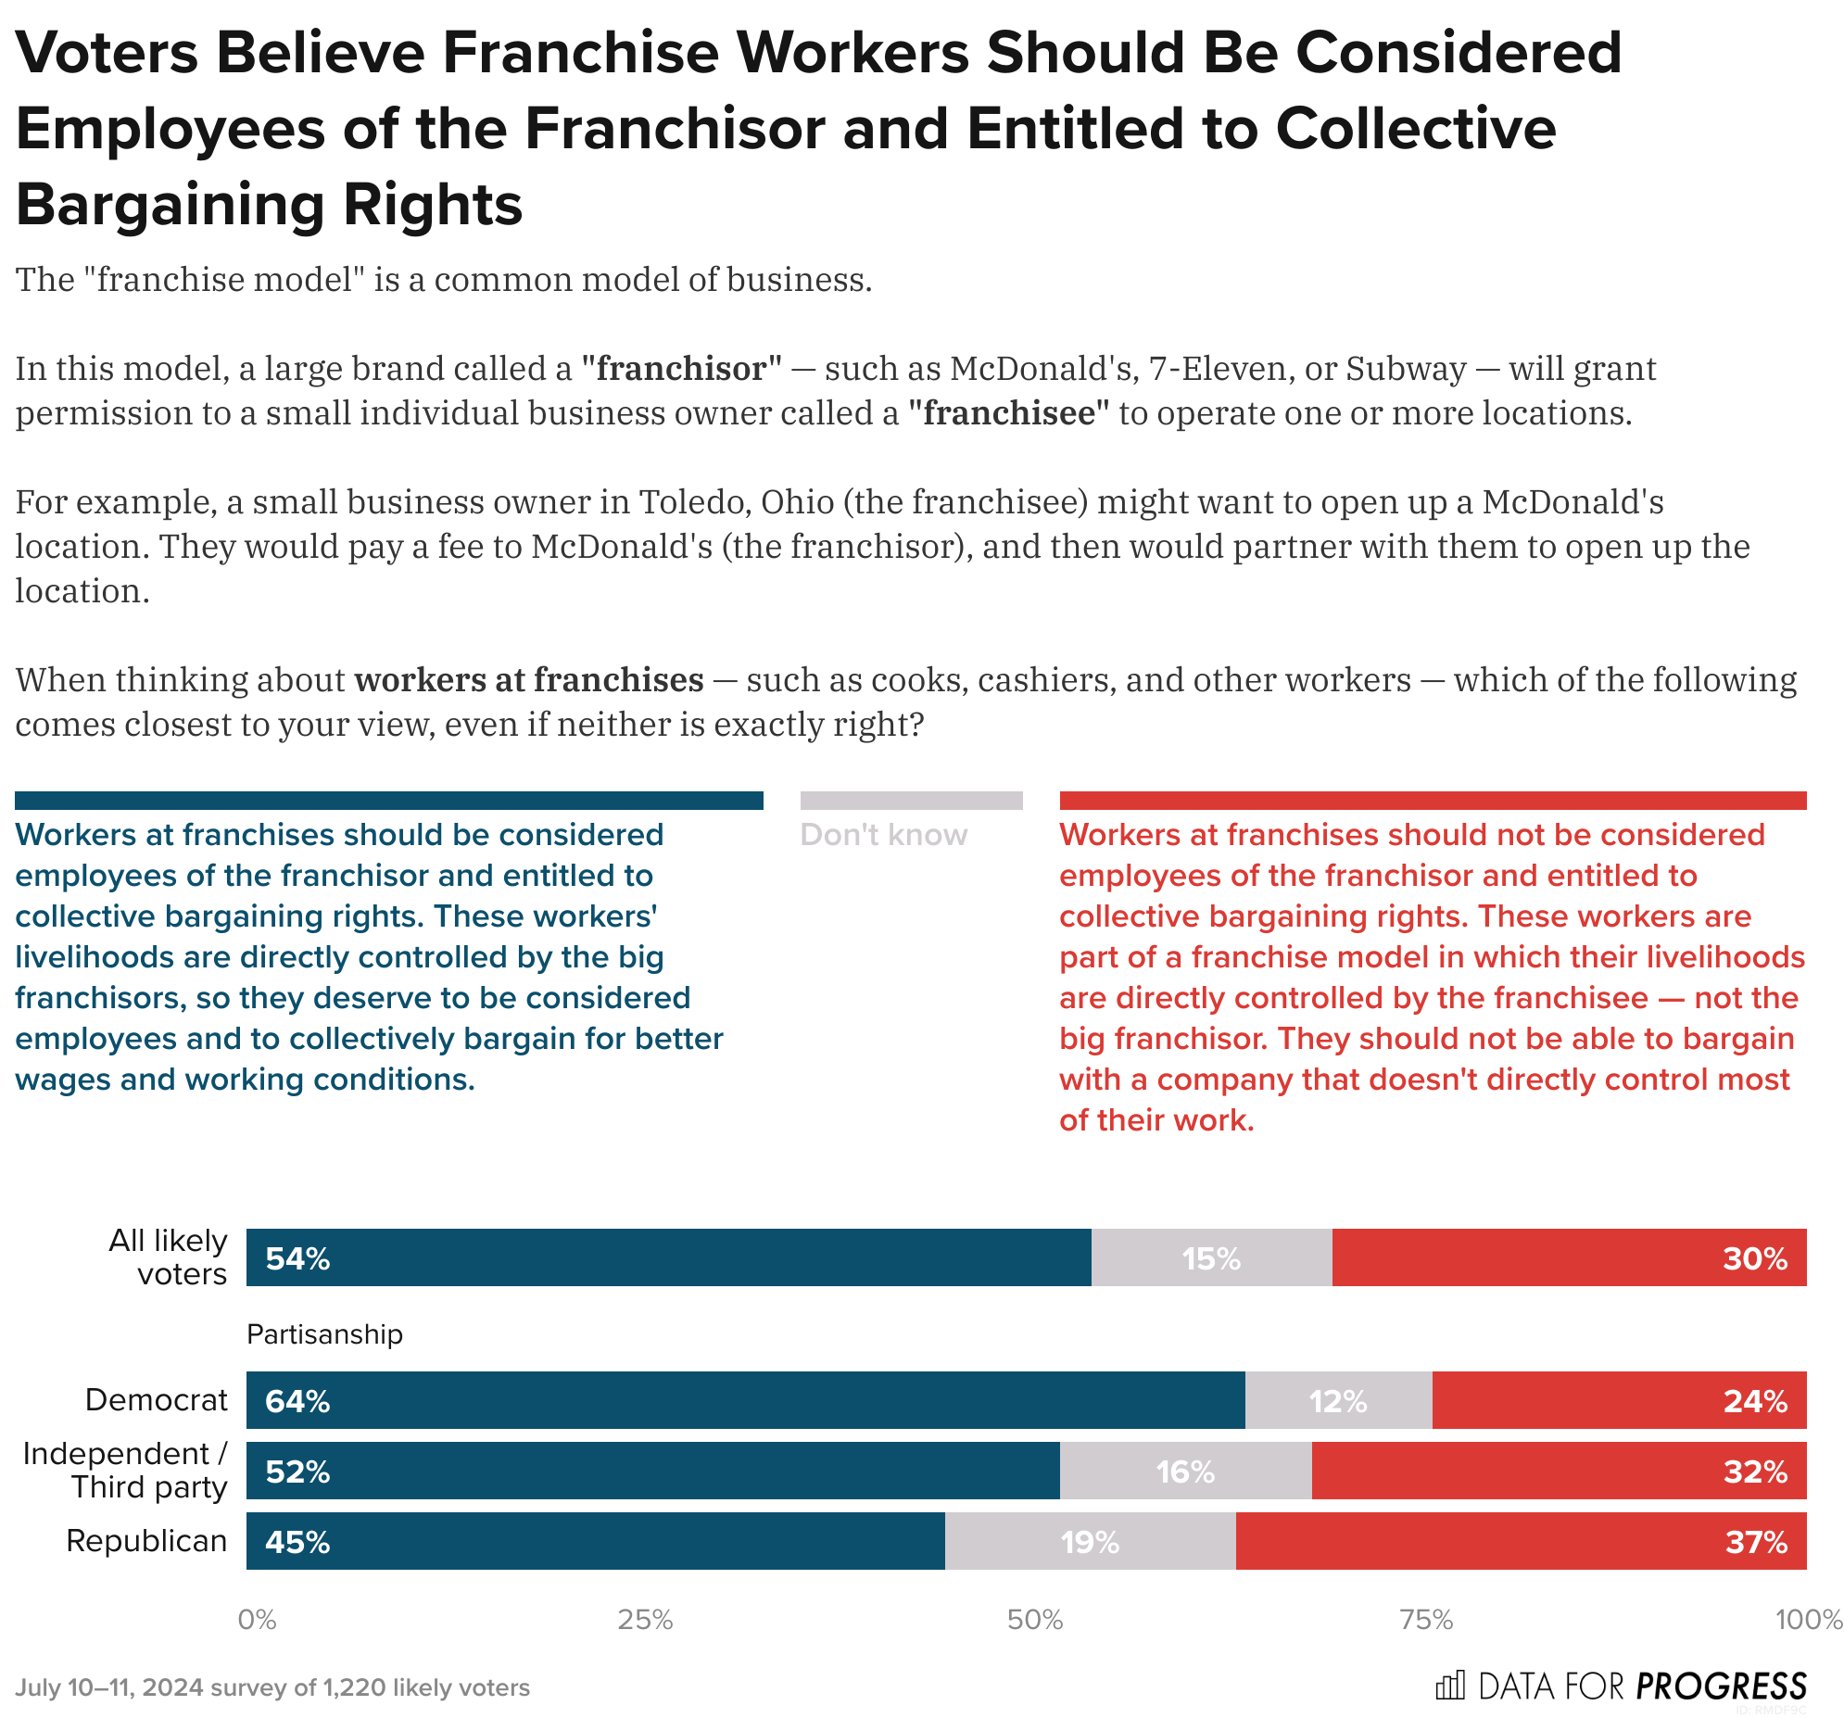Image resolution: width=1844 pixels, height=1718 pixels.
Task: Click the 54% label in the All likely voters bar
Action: coord(297,1258)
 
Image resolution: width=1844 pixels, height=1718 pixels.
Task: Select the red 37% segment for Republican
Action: coord(1521,1542)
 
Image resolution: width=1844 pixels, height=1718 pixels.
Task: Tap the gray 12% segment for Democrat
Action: coord(1337,1401)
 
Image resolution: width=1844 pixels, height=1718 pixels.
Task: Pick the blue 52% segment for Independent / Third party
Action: coord(652,1472)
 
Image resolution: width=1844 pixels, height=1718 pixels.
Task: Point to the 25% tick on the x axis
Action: coord(645,1620)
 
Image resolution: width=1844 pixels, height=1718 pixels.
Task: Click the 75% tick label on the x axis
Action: coord(1426,1620)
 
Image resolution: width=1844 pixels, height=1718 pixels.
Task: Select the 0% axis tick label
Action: coord(257,1620)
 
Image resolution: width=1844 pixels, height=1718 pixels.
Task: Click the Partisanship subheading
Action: coord(324,1334)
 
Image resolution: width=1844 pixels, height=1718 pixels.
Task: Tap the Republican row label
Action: coord(146,1541)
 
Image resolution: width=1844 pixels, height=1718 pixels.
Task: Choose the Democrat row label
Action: coord(156,1400)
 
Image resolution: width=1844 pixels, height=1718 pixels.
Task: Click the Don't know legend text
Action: coord(883,835)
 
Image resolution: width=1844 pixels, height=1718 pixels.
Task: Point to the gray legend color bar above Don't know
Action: coord(911,801)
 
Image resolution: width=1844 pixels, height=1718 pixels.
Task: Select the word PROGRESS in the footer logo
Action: coord(1722,1686)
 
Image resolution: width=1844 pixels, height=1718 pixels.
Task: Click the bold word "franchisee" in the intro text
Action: coord(1008,412)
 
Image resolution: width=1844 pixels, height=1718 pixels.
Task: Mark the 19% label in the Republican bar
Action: coord(1090,1542)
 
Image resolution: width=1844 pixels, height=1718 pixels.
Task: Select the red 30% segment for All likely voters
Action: coord(1569,1258)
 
